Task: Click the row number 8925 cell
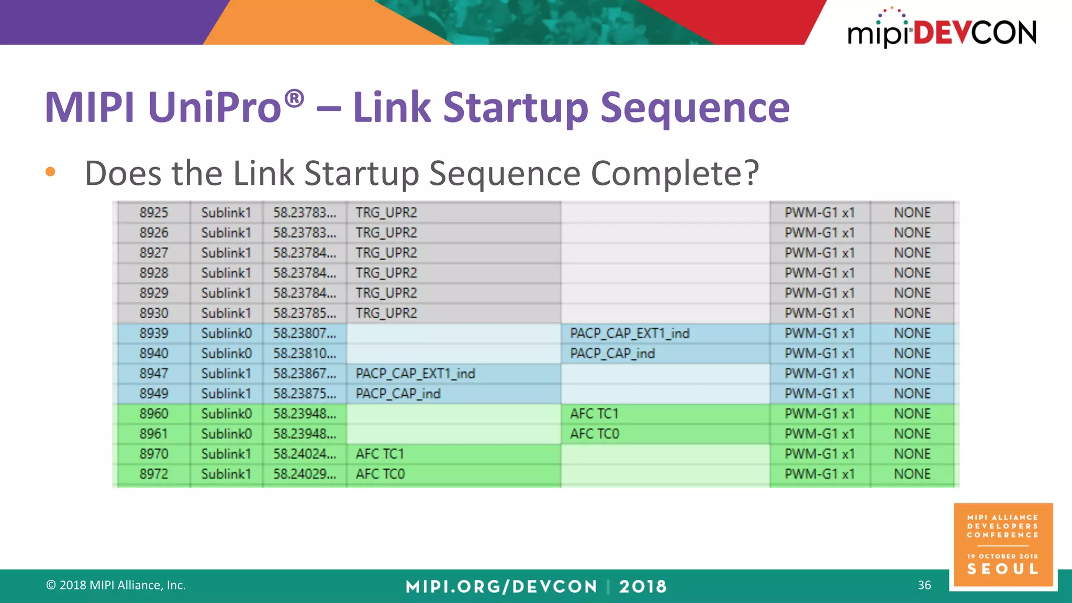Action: tap(154, 213)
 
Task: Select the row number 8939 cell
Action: tap(154, 333)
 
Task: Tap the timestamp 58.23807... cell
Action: tap(305, 333)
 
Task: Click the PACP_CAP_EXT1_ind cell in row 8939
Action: tap(630, 333)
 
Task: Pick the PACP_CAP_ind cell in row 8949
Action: tap(398, 394)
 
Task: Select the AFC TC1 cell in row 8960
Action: tap(594, 414)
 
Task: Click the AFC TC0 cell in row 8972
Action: tap(380, 474)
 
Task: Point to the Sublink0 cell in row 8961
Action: tap(227, 434)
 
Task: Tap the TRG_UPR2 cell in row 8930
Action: tap(386, 314)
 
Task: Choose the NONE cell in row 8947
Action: tap(912, 374)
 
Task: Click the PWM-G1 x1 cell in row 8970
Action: tap(819, 454)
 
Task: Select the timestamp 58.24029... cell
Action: tap(305, 474)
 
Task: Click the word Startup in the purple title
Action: tap(516, 108)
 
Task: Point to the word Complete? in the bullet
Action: tap(675, 173)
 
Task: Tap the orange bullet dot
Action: tap(50, 172)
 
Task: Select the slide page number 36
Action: tap(924, 585)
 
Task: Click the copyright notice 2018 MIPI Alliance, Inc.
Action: tap(116, 585)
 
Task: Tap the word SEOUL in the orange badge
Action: tap(1002, 569)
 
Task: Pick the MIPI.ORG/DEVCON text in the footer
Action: tap(501, 587)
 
